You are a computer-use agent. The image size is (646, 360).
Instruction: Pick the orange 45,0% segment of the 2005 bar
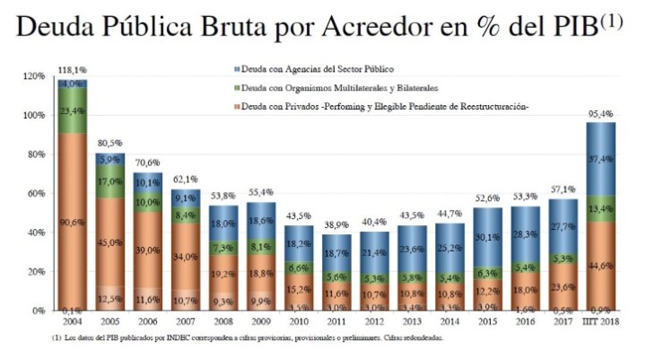(x=109, y=241)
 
